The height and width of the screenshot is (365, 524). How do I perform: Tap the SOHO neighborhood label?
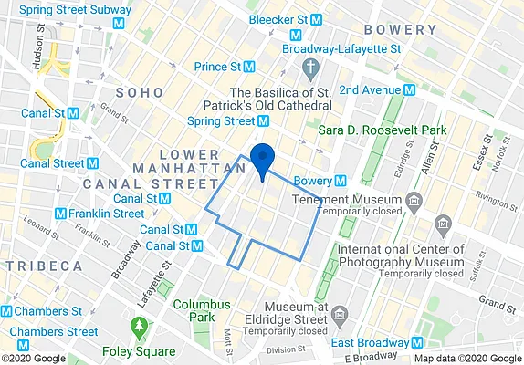click(x=140, y=93)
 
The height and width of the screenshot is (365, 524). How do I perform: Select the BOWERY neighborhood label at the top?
click(x=400, y=30)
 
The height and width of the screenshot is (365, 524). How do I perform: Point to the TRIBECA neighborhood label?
click(x=44, y=266)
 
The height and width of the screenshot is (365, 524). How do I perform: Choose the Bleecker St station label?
click(x=284, y=18)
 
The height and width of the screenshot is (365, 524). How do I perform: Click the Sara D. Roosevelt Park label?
click(x=383, y=130)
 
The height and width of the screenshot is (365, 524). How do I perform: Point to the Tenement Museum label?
click(x=347, y=200)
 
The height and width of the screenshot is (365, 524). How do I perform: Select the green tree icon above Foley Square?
click(x=139, y=325)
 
